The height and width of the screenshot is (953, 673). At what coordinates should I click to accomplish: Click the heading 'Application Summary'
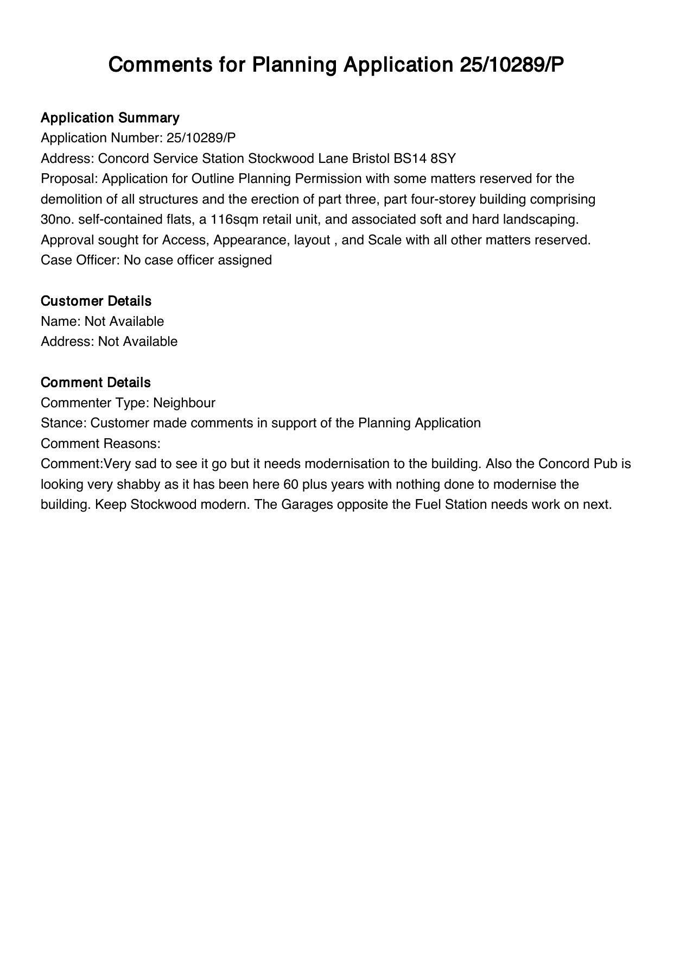[x=110, y=118]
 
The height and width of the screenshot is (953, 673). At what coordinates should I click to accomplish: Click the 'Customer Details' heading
[x=96, y=301]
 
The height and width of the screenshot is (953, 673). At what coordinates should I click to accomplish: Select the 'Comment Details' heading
[x=96, y=382]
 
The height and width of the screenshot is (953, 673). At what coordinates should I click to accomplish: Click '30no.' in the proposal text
[x=58, y=219]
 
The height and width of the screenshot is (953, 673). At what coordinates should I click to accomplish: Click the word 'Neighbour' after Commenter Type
[x=184, y=403]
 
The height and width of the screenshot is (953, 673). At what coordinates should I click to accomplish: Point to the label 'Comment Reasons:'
[x=100, y=444]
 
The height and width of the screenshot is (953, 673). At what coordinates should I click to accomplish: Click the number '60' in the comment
[x=291, y=484]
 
